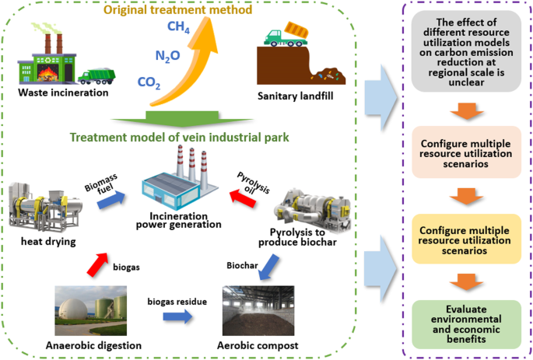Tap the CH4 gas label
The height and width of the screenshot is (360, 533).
click(x=178, y=29)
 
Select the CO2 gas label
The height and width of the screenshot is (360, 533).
click(x=149, y=82)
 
